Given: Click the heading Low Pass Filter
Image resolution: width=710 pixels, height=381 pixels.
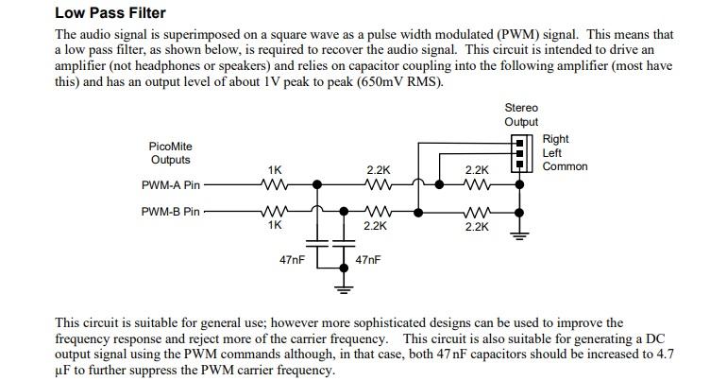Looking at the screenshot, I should click(110, 13).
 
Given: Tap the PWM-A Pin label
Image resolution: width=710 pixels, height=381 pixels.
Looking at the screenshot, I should click(170, 186).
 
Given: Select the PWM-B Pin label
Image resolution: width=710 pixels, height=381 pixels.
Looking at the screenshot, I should click(170, 212).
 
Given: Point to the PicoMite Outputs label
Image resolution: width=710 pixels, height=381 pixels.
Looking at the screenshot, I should click(171, 153).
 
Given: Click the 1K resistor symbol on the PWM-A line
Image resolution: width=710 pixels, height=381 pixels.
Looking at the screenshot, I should click(275, 185).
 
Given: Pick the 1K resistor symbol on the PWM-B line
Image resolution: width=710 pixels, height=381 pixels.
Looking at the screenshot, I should click(275, 211).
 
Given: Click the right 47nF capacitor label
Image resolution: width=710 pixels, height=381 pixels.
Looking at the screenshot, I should click(368, 259).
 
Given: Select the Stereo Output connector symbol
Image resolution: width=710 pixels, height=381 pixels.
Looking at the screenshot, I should click(518, 151).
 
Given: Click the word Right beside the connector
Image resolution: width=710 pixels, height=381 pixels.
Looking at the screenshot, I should click(556, 139).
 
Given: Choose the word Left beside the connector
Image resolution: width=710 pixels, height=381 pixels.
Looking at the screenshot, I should click(553, 152).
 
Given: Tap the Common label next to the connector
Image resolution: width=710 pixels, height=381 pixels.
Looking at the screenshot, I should click(565, 166).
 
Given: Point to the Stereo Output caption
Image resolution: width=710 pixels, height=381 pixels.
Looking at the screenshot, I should click(521, 114).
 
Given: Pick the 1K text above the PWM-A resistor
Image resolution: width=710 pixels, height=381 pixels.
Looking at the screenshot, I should click(275, 170).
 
